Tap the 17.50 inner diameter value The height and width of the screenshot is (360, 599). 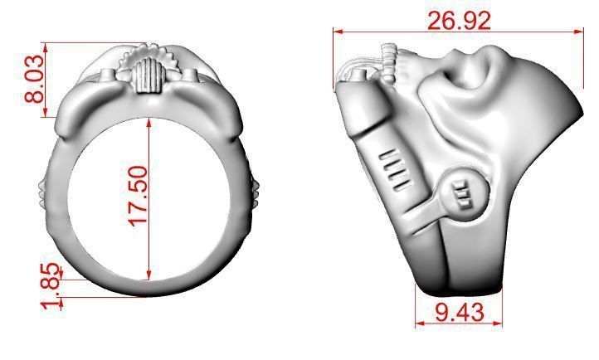137,196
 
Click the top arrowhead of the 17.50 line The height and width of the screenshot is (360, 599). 149,121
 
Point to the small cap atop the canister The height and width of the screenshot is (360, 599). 359,78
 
